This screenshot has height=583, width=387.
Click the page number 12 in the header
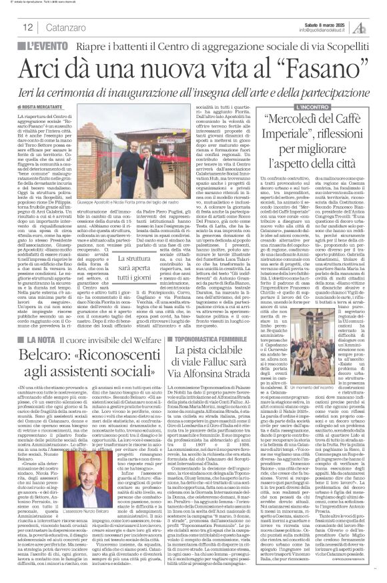pos(27,27)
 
